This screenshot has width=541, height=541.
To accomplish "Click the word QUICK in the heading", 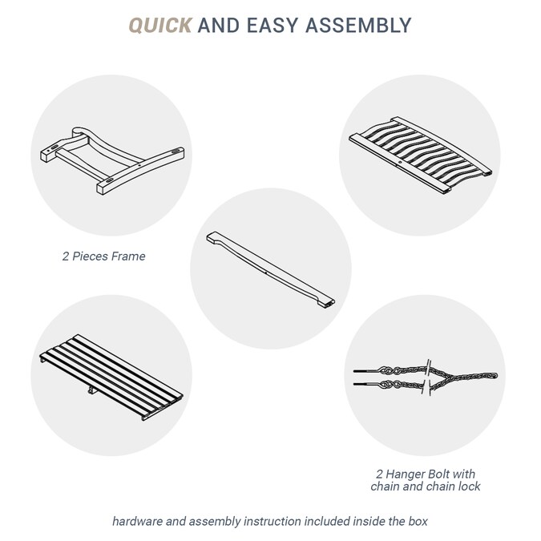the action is point(160,26).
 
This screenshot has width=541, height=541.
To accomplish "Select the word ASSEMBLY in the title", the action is point(358,26).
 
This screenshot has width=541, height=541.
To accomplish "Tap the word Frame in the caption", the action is point(129,256).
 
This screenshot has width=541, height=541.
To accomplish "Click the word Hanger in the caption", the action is point(404,474).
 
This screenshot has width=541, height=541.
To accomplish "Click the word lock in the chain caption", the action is point(469,486).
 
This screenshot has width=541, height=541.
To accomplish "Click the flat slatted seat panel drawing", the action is point(111,377).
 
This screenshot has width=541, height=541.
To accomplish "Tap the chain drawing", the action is point(426,378).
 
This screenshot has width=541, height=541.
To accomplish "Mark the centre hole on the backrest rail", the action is point(400,162).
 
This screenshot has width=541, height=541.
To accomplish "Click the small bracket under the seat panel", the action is point(91,390).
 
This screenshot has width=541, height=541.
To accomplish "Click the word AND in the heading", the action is point(219,26).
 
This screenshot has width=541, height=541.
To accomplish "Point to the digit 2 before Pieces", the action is point(66,256).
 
